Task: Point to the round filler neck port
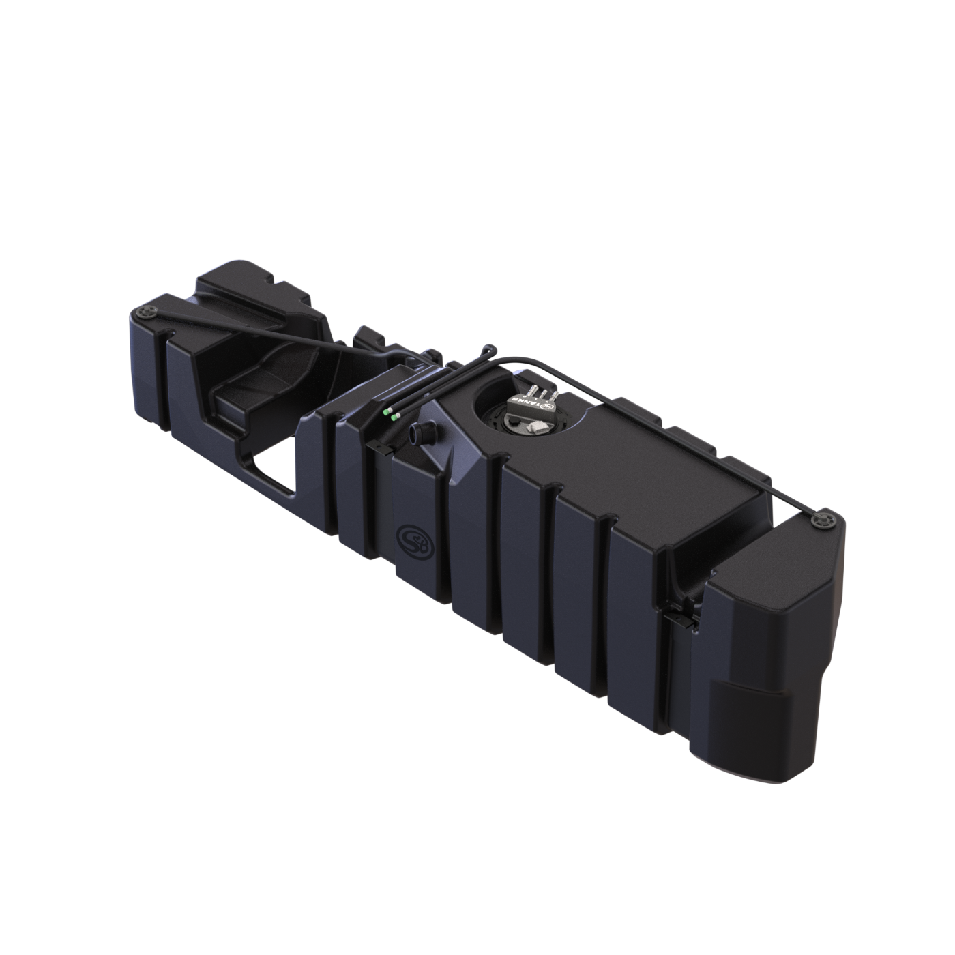[417, 434]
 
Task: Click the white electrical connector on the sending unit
[537, 425]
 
